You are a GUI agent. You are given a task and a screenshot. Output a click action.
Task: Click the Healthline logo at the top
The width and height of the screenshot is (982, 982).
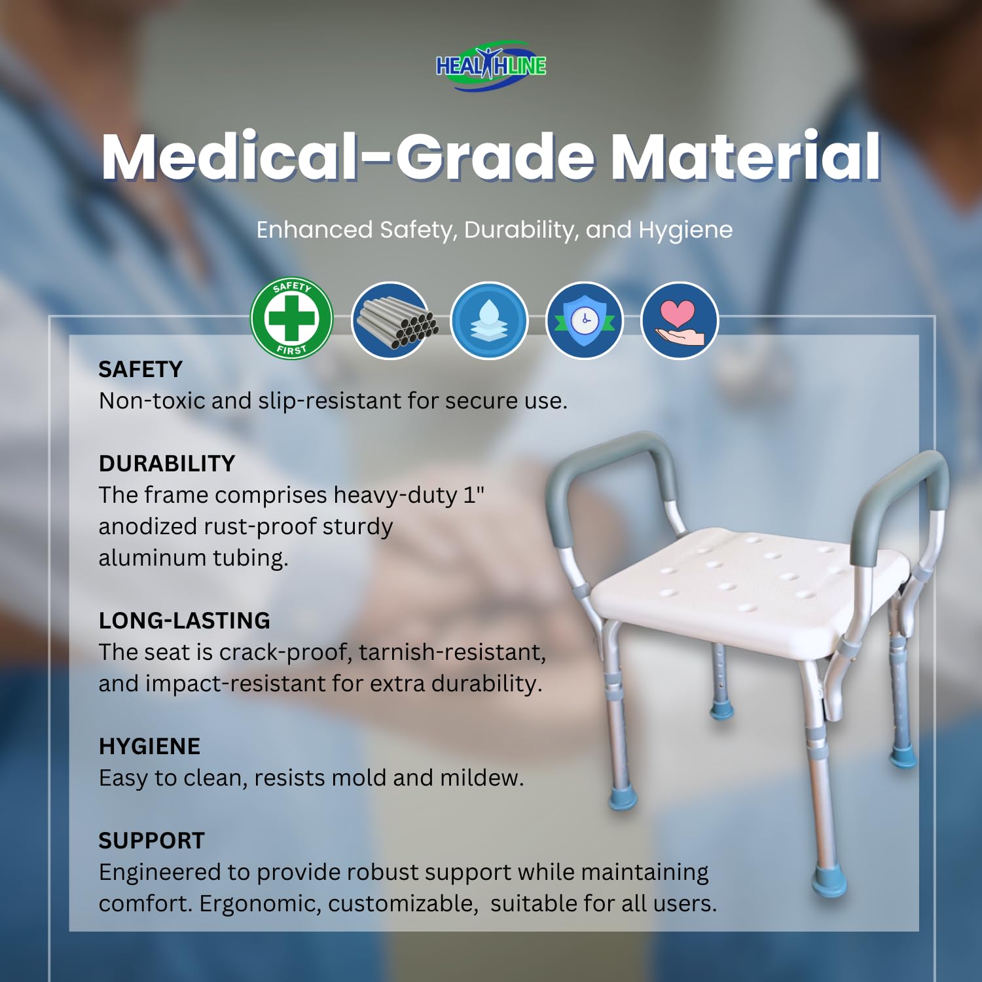(x=491, y=66)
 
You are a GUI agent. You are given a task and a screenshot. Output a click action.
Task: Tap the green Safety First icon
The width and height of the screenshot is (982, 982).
(x=292, y=318)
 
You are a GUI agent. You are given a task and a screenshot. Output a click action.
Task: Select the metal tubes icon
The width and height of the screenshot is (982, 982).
(x=391, y=320)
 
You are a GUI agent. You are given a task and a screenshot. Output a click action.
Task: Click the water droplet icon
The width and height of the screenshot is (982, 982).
(x=488, y=320)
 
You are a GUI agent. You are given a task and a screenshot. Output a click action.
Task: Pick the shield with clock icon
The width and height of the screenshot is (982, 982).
(x=585, y=320)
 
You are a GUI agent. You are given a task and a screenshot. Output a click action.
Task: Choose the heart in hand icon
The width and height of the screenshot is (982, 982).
(x=680, y=320)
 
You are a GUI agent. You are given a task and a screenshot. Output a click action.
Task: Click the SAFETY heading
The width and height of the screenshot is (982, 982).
(x=141, y=369)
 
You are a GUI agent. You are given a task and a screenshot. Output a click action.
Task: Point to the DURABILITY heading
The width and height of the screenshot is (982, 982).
(x=167, y=464)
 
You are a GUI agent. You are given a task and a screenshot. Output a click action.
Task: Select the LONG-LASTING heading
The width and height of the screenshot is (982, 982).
(x=185, y=621)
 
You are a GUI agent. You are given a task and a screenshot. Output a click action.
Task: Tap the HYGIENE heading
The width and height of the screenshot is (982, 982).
(x=150, y=746)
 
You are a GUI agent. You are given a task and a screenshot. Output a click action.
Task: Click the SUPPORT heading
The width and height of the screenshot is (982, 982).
(x=152, y=841)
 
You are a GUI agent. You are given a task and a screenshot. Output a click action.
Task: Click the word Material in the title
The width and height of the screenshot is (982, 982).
(x=746, y=156)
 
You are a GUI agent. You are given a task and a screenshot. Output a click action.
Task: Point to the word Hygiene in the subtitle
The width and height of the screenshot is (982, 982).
(x=685, y=230)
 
